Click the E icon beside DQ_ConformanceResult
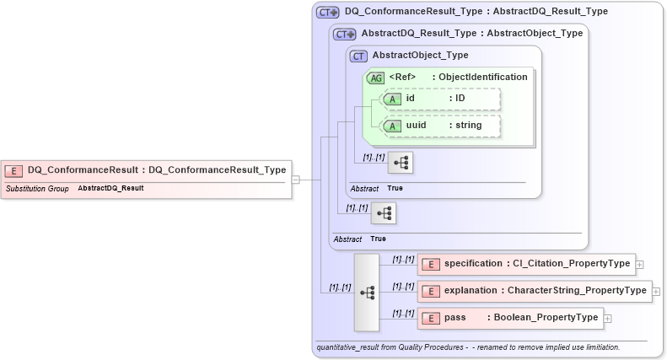13,170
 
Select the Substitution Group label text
37,188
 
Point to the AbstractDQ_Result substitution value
110,188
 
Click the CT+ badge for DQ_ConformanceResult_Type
327,13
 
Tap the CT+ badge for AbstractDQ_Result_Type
344,35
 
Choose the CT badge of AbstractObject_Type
358,56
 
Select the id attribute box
442,99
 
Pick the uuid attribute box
442,126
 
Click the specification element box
524,264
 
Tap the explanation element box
534,291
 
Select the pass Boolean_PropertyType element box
509,318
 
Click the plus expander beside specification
640,265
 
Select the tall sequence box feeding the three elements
367,292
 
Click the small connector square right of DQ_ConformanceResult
295,180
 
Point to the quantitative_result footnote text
468,347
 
